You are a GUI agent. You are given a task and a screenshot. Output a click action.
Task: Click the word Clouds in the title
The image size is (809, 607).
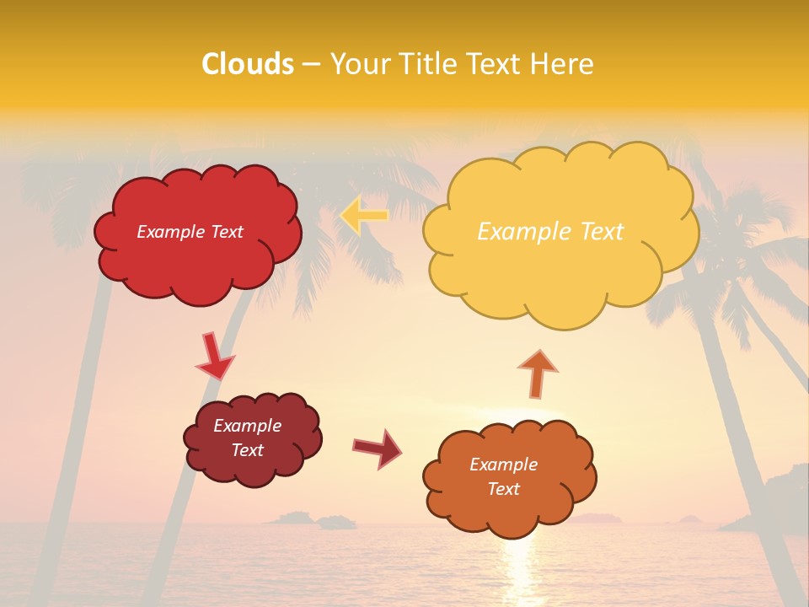(248, 64)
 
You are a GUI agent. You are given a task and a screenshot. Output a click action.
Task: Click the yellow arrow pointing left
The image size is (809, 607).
(364, 215)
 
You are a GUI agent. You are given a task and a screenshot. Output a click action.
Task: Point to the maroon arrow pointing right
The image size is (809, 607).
(378, 448)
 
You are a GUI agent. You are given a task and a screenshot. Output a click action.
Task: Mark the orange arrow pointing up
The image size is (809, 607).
(537, 373)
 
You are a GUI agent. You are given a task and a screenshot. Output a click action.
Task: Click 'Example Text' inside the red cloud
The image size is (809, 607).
(190, 232)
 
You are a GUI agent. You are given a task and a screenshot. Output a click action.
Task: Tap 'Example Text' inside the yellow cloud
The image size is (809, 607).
(550, 232)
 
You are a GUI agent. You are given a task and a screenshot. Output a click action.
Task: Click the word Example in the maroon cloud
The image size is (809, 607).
(247, 426)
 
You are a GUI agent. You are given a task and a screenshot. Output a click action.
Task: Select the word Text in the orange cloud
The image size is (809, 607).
(503, 489)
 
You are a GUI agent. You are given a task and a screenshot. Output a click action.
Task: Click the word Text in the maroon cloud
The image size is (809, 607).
(247, 450)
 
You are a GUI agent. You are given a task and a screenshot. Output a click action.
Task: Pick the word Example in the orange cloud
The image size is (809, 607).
(503, 465)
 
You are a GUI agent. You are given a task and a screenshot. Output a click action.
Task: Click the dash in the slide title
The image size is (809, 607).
(310, 64)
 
